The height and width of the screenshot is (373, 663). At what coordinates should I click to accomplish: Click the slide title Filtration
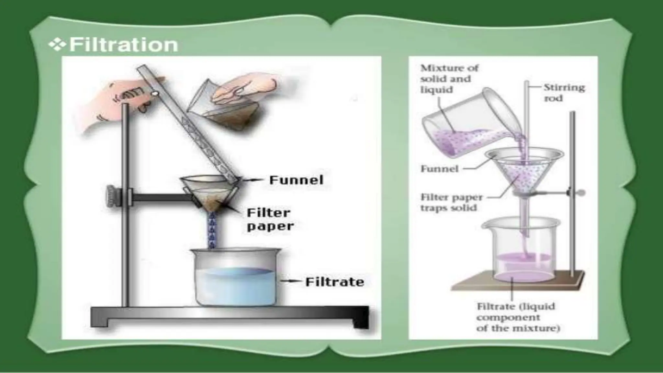point(123,45)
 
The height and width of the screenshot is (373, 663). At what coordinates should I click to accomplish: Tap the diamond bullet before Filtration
point(57,45)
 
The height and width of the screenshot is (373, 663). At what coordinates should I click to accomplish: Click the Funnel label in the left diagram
point(296,180)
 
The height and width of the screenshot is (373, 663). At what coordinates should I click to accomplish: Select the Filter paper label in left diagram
point(270,219)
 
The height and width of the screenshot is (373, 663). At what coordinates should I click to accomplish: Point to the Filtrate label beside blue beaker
point(334,282)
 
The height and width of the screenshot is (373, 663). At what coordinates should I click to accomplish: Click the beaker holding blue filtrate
point(235,278)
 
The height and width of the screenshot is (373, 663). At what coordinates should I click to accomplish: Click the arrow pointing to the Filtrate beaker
point(289,281)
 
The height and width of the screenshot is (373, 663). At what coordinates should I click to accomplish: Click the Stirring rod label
point(564,93)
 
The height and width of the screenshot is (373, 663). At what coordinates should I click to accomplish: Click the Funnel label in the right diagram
point(439,169)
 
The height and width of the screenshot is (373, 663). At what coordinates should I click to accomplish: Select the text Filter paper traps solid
point(451,202)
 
